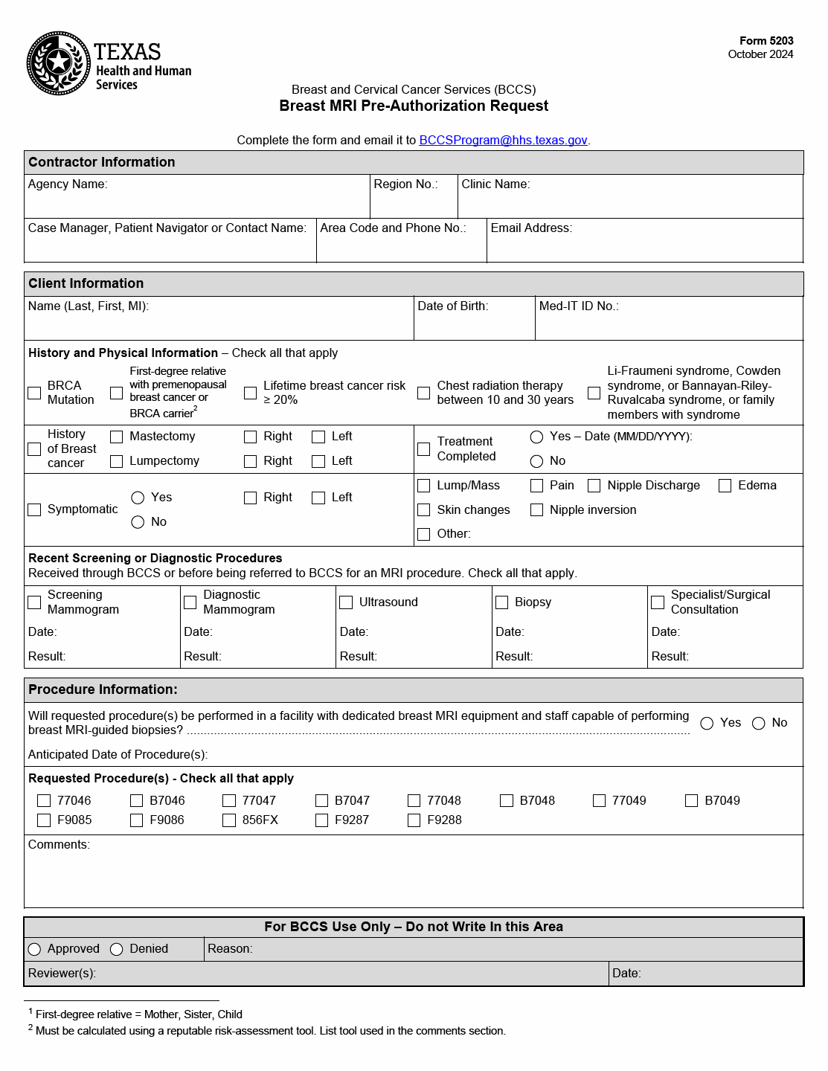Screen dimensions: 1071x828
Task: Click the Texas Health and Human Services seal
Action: pyautogui.click(x=60, y=63)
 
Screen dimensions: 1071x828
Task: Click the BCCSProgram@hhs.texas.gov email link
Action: pyautogui.click(x=503, y=140)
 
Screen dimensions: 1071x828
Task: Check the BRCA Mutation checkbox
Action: pyautogui.click(x=34, y=393)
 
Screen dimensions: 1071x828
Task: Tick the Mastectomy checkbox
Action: pyautogui.click(x=117, y=437)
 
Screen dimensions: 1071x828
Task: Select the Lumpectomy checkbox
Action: pyautogui.click(x=117, y=462)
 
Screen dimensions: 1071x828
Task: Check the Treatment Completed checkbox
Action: pyautogui.click(x=424, y=449)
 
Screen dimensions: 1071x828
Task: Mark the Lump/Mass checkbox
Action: pyautogui.click(x=424, y=486)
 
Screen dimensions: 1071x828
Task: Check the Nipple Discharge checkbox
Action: pyautogui.click(x=594, y=486)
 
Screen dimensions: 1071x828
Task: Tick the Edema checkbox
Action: pyautogui.click(x=725, y=486)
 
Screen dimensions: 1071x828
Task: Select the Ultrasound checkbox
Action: pyautogui.click(x=346, y=602)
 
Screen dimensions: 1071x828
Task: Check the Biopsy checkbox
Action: pyautogui.click(x=502, y=602)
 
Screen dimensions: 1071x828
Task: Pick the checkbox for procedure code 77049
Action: pyautogui.click(x=600, y=801)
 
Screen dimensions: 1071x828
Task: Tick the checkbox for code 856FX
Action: pyautogui.click(x=229, y=820)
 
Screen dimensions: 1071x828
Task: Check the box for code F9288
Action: pyautogui.click(x=414, y=820)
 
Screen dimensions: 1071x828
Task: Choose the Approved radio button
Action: pyautogui.click(x=34, y=949)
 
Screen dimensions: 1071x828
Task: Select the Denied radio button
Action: pyautogui.click(x=117, y=949)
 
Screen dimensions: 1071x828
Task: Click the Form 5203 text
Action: pyautogui.click(x=766, y=41)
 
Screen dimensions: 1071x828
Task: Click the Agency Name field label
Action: pyautogui.click(x=68, y=184)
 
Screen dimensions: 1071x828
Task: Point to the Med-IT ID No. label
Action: pyautogui.click(x=579, y=306)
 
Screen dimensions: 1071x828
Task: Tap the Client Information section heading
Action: pyautogui.click(x=86, y=283)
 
